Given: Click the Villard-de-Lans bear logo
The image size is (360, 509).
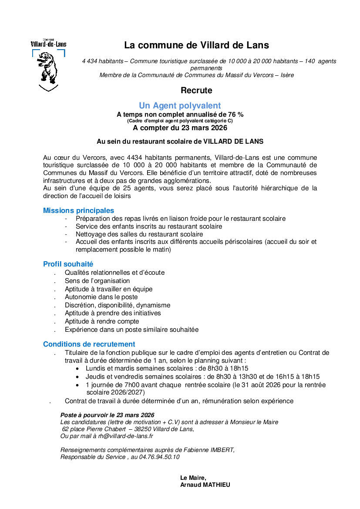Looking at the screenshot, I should [49, 65].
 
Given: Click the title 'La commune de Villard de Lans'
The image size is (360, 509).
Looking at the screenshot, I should [196, 45].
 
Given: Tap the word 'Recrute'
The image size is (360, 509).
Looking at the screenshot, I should [196, 91].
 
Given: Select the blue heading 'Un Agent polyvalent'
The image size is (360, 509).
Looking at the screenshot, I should [180, 105].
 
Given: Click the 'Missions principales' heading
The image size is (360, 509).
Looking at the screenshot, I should [78, 210].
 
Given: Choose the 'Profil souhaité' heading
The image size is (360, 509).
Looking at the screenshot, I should [68, 264].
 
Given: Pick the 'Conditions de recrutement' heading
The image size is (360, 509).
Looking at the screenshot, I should [89, 344].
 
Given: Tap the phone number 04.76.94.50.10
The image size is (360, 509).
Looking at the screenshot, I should [159, 457].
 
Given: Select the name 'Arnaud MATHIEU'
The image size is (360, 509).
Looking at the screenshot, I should [205, 485].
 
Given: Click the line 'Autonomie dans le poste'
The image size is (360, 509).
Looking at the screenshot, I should [101, 297].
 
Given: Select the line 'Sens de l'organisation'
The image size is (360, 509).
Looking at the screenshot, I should [97, 281].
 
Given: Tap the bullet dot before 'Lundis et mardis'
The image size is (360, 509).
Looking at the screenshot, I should [77, 368].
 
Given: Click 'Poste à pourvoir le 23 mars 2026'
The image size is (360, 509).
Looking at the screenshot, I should [107, 415].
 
